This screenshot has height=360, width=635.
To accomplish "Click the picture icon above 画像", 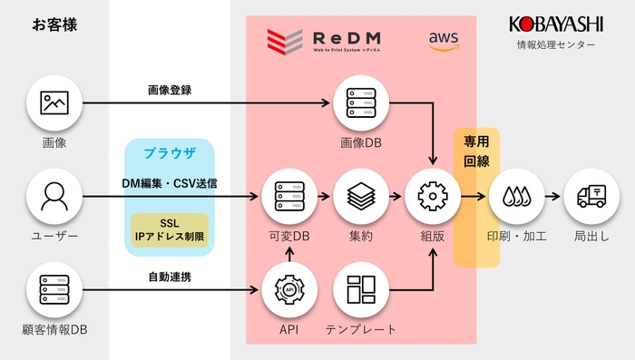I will coord(54,102).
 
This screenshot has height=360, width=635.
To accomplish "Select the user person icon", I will coord(54,196).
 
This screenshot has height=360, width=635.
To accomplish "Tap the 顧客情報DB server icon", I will coord(54,289).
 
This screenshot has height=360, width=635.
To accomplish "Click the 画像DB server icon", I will coord(361,102).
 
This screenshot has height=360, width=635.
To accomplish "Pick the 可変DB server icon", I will coord(288,196).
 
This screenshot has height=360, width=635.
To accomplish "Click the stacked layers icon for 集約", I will coord(361,196).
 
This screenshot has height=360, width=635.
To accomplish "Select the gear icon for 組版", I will coord(433,196).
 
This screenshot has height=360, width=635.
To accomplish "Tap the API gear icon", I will coord(288,289).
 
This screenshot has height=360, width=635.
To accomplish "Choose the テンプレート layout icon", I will coord(361,289).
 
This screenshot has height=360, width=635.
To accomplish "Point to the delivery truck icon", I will coord(591,196).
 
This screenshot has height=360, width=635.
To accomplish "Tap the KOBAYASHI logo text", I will coord(555,24).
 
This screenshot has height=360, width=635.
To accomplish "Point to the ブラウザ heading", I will coord(169,152).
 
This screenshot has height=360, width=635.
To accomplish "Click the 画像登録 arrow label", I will coord(169,91).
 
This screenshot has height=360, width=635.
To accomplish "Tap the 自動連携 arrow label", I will coord(169,275).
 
